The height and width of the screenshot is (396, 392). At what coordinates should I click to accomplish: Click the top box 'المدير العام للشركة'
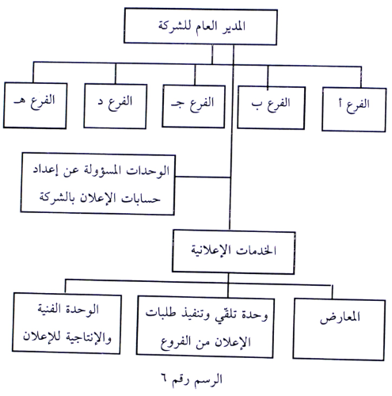(200, 26)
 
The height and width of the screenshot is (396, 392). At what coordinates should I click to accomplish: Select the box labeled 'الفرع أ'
(354, 109)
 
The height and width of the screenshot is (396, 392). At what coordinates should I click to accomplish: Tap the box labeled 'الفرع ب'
(271, 108)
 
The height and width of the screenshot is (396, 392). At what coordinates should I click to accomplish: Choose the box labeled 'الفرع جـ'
(193, 106)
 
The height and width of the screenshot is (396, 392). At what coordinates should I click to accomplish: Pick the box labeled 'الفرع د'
(115, 106)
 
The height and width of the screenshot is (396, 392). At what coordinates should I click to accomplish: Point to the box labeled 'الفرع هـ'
(35, 105)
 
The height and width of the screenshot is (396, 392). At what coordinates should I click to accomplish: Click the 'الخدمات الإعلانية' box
(234, 252)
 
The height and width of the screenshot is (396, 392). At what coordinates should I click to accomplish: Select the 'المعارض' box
(339, 329)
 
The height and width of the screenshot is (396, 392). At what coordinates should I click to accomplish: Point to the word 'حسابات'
(141, 199)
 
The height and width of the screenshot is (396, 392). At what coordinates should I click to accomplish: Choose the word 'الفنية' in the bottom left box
(49, 308)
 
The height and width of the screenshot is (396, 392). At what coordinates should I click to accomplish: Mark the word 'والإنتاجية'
(89, 337)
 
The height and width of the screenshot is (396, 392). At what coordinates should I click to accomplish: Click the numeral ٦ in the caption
(164, 379)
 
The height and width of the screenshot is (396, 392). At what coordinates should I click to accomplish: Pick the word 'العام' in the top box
(207, 27)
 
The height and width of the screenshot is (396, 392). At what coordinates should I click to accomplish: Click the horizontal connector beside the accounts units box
(203, 177)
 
